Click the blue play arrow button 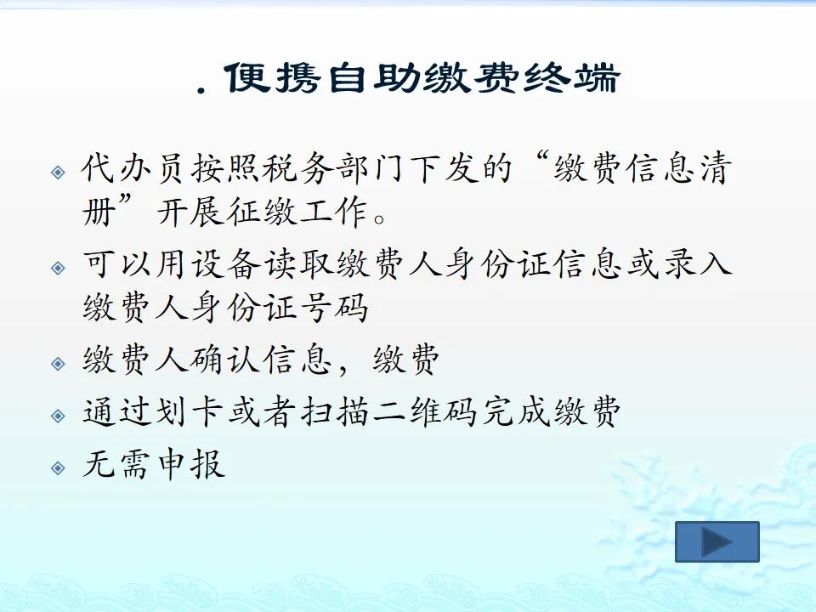pyautogui.click(x=717, y=541)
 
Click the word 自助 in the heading pyautogui.click(x=373, y=78)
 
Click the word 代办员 pyautogui.click(x=133, y=168)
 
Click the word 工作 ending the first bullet pyautogui.click(x=333, y=212)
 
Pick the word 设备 pyautogui.click(x=225, y=263)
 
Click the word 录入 pyautogui.click(x=698, y=263)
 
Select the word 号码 pyautogui.click(x=334, y=307)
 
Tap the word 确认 pyautogui.click(x=225, y=359)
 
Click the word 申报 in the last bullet pyautogui.click(x=190, y=464)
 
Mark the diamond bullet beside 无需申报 pyautogui.click(x=59, y=467)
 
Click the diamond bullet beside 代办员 pyautogui.click(x=59, y=173)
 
